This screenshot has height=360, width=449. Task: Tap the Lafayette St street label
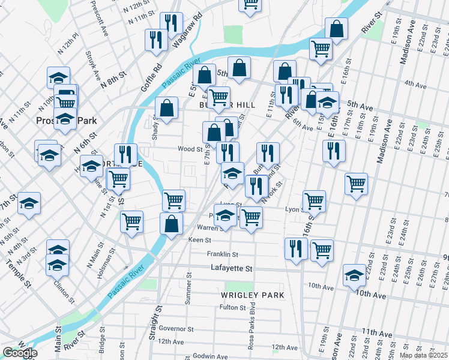232,269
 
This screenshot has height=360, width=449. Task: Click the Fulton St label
233,308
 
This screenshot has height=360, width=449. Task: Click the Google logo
19,353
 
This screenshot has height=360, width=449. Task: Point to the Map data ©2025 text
423,355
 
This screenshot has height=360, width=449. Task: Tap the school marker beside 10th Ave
354,275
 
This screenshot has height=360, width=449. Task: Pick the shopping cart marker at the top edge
250,4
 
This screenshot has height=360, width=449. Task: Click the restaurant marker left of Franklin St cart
296,248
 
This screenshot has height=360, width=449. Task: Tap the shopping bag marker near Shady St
167,109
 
